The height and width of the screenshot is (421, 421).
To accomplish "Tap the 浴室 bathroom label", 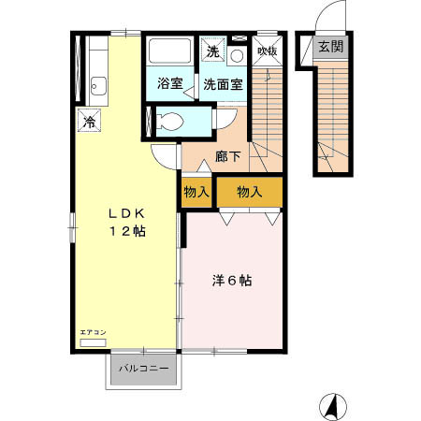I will [x=168, y=82].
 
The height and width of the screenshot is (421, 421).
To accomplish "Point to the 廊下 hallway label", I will [x=228, y=156].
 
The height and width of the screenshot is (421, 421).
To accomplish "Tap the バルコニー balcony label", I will [x=143, y=369].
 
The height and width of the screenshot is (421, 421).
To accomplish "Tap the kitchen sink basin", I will [x=98, y=90].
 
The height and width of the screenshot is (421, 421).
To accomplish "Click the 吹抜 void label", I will [x=268, y=51].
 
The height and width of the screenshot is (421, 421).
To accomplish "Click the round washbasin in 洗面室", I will [x=236, y=56].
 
